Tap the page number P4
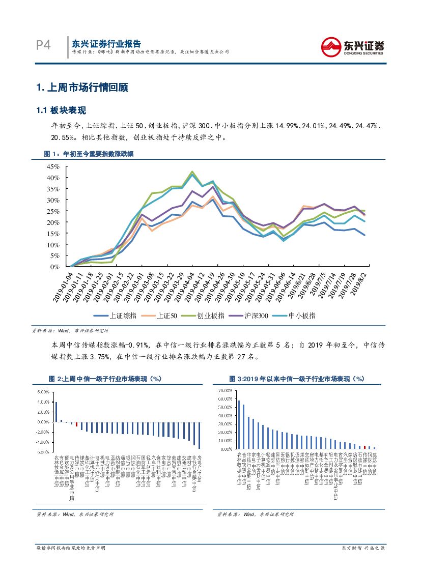click(44, 46)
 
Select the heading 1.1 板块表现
click(62, 110)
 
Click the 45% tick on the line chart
click(52, 167)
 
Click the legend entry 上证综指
click(124, 316)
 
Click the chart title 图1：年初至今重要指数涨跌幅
click(89, 154)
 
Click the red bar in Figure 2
click(76, 424)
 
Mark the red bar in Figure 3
click(364, 447)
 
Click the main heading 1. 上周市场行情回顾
click(82, 88)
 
